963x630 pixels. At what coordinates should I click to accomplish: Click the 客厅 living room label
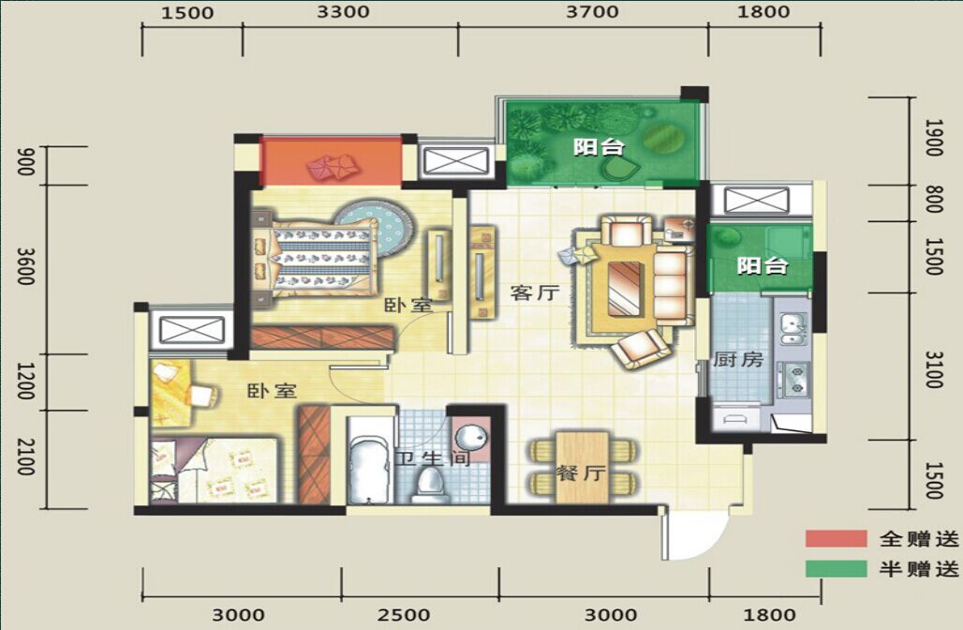[535, 292]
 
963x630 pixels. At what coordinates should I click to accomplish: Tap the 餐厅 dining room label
[581, 473]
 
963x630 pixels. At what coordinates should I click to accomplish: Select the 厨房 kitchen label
[737, 359]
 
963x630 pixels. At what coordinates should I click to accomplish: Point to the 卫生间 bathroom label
[433, 458]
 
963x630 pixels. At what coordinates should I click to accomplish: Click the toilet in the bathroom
[429, 484]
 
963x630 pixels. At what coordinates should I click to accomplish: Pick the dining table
[582, 467]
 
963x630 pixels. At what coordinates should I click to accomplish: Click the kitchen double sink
[793, 329]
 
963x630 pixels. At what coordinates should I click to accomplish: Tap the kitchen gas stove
[793, 380]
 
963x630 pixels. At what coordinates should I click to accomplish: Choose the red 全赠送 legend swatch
[836, 539]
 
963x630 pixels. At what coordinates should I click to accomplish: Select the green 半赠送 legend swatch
[836, 568]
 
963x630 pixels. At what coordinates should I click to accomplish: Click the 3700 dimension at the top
[592, 11]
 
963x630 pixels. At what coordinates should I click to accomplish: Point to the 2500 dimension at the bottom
[404, 615]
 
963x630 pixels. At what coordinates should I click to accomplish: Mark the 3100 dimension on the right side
[933, 369]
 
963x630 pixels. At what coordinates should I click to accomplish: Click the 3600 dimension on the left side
[24, 266]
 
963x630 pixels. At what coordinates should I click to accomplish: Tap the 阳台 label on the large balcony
[599, 147]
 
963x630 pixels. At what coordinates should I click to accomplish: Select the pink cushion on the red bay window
[332, 167]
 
